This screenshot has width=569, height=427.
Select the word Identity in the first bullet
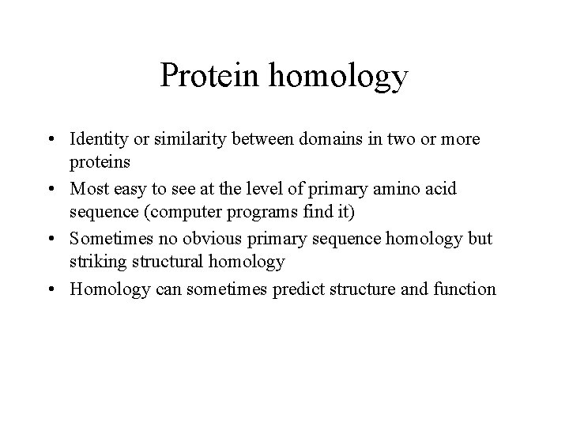(96, 139)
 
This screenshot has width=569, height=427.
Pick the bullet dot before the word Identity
(58, 140)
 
